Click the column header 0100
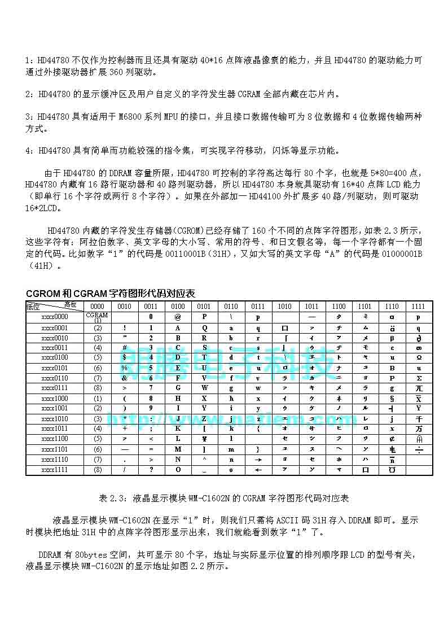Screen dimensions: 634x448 coord(178,306)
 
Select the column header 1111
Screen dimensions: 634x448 coord(418,306)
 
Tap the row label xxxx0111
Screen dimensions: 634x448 coord(55,388)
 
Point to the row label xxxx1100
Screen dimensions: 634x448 coord(55,439)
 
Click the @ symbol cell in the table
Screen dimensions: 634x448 coord(178,317)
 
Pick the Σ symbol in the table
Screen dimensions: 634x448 coord(419,378)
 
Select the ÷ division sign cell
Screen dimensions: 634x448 coord(419,449)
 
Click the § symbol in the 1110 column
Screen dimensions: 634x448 coord(392,398)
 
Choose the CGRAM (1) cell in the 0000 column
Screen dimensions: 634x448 coord(98,317)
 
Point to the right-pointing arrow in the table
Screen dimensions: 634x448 coord(258,460)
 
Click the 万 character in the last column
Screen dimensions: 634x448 coord(419,429)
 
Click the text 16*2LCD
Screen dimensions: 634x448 coord(40,208)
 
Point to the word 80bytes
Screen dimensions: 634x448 coord(91,555)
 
